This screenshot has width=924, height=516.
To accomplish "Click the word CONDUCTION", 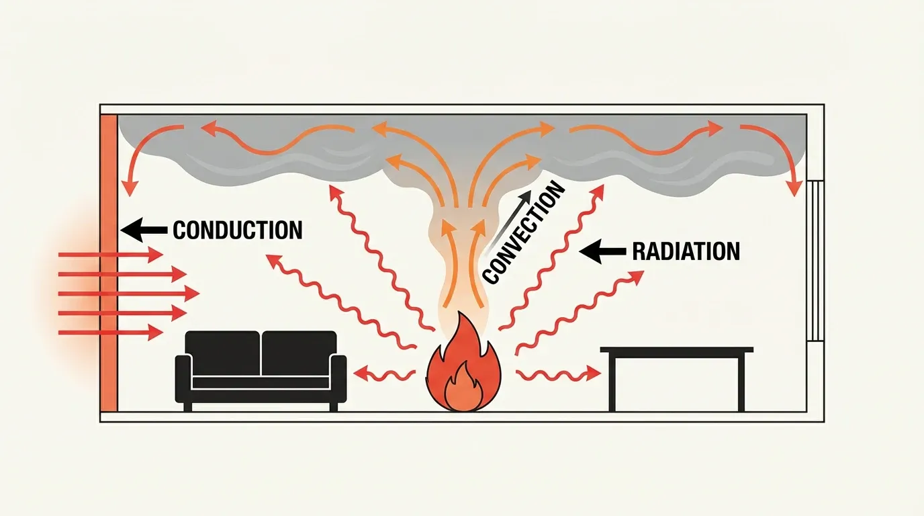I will (x=238, y=230).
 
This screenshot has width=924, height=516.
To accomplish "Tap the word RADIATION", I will (x=686, y=251).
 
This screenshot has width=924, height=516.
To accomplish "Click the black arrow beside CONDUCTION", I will (x=144, y=230).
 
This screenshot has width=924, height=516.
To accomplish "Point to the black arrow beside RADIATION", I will (x=602, y=252).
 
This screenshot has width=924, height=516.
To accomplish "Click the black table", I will (x=677, y=350).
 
